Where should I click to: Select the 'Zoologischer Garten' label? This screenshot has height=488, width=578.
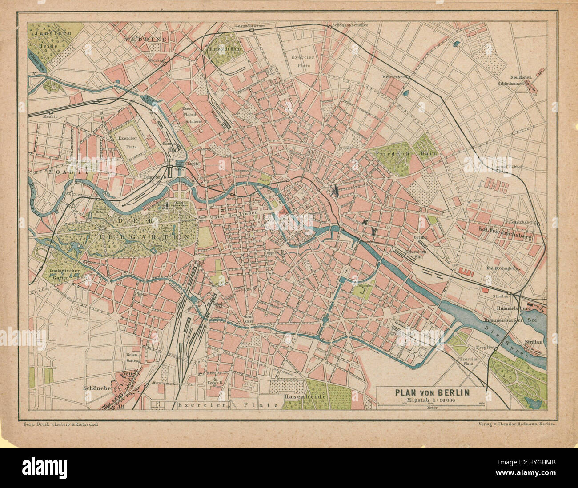pyautogui.click(x=61, y=273)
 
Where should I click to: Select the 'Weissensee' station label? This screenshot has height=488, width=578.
pyautogui.click(x=393, y=77)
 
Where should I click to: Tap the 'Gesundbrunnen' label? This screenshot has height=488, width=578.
pyautogui.click(x=251, y=26)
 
